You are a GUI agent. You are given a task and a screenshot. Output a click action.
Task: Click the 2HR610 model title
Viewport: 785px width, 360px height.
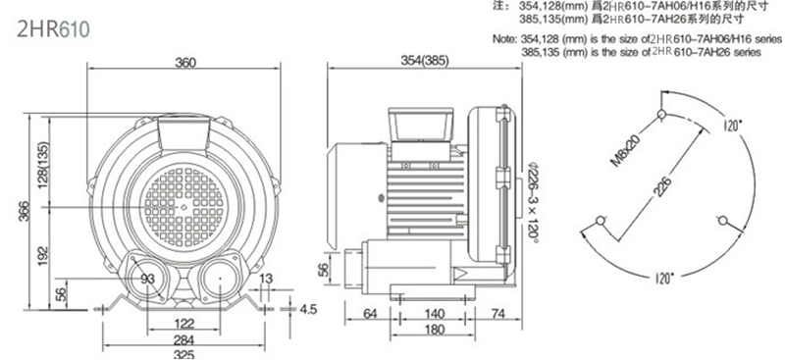click(x=53, y=29)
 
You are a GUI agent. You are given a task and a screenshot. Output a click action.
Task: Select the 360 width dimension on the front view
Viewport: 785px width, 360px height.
click(x=185, y=62)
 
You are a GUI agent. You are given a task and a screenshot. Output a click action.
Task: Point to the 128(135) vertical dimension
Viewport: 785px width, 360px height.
click(x=43, y=164)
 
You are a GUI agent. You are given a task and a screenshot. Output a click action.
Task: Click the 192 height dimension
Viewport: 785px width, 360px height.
click(x=43, y=256)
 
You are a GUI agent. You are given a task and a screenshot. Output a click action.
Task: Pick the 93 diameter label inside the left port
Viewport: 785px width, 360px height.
click(x=148, y=279)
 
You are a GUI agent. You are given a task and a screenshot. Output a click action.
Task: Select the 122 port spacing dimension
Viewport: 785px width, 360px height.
click(x=184, y=323)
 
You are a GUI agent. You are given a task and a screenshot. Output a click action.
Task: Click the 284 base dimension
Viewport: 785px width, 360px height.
click(x=184, y=340)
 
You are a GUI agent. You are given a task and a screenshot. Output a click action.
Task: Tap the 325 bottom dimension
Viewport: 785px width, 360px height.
click(x=184, y=354)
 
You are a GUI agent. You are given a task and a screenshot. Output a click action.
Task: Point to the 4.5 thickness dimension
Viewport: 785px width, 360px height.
click(x=308, y=309)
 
